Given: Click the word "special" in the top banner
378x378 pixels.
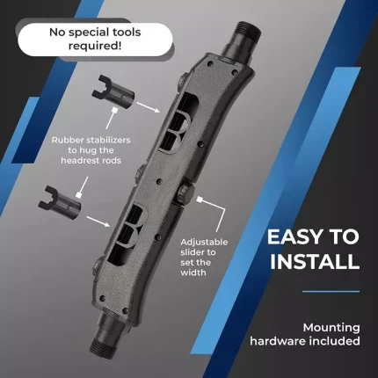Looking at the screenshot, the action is [x=94, y=33].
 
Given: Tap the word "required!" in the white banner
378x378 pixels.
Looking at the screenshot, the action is [x=95, y=46].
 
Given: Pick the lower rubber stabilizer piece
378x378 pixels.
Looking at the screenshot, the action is [x=60, y=201].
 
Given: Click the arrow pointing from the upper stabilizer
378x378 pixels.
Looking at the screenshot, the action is [x=149, y=107].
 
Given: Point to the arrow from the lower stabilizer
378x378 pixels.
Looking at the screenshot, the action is [x=98, y=222].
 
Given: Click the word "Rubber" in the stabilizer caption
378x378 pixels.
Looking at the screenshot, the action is [x=68, y=140].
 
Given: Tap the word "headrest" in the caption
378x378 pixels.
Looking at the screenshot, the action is [x=79, y=161].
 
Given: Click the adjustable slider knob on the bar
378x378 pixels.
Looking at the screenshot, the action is [x=185, y=193].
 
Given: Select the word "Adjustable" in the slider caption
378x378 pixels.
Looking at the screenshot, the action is [x=204, y=243].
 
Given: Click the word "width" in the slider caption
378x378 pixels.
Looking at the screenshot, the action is [x=193, y=273].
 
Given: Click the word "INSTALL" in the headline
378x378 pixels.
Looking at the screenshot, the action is [x=315, y=261].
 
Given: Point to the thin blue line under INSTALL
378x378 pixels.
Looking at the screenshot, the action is [x=331, y=292].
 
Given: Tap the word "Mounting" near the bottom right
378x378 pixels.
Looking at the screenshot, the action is [x=331, y=328].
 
